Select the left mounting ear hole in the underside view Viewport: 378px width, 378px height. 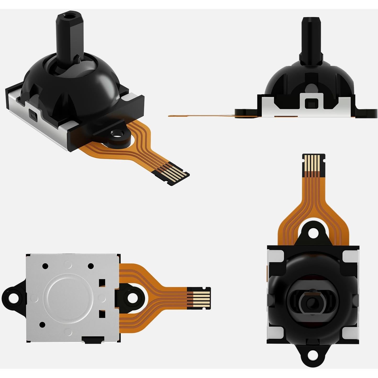tap(12, 296)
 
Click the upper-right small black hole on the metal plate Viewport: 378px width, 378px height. tap(91, 266)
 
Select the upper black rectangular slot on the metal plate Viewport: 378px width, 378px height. tap(102, 282)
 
